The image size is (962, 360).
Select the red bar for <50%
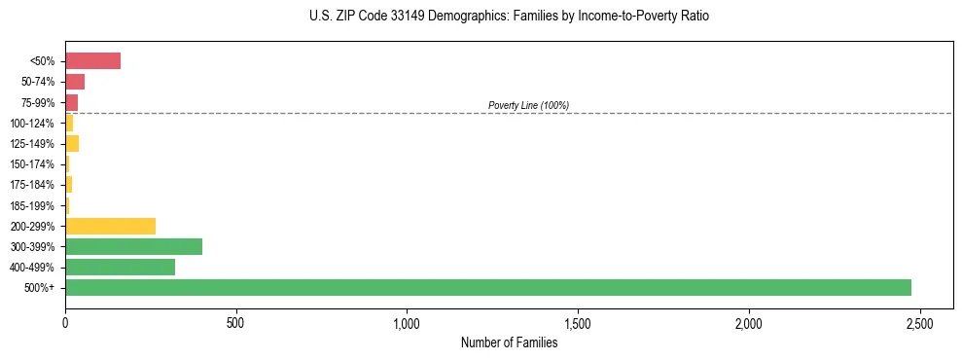(x=92, y=61)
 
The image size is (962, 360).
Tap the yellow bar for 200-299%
(x=110, y=226)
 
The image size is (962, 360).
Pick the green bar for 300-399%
(x=133, y=246)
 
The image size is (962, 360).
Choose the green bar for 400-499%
(x=120, y=267)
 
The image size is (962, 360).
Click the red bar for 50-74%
(x=75, y=82)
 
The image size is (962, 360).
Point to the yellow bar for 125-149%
(x=72, y=144)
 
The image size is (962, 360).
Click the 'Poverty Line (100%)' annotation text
(x=528, y=105)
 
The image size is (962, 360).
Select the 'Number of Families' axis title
(x=509, y=342)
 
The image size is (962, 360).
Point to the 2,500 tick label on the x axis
(x=920, y=322)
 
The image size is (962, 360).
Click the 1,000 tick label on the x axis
(x=407, y=322)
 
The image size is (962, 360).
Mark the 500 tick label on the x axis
(x=236, y=322)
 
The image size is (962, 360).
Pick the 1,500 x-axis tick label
(x=578, y=322)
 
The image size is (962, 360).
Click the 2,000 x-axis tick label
(x=749, y=322)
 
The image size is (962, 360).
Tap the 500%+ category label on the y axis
(x=40, y=288)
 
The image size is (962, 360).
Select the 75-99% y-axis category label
(x=37, y=103)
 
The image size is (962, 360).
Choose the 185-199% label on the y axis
(x=34, y=206)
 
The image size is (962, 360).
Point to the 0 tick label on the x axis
(x=65, y=322)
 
